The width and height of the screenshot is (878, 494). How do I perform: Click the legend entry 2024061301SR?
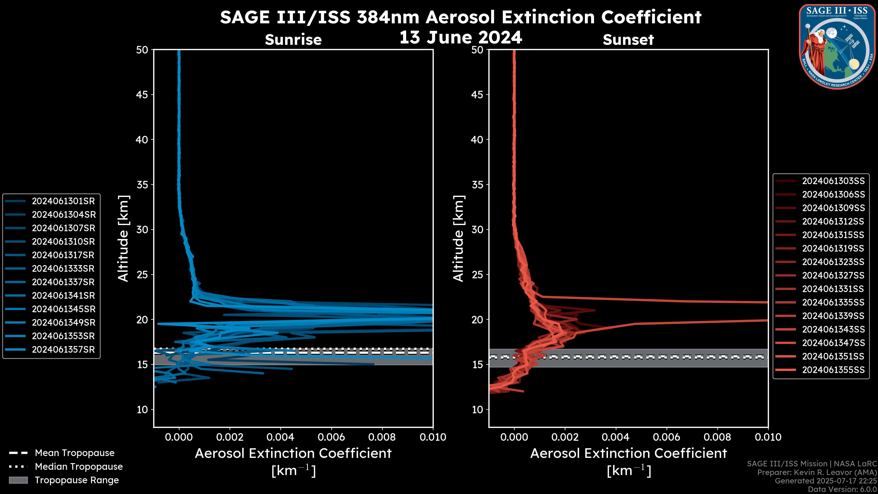pos(63,201)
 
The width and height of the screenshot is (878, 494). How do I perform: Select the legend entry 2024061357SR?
pos(63,349)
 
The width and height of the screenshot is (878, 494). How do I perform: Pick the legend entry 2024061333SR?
pos(63,269)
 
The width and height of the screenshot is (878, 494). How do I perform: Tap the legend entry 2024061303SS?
pos(833,181)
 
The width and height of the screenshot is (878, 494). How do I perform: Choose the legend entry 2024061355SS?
pos(833,370)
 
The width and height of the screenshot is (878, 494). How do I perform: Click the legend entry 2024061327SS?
pos(833,275)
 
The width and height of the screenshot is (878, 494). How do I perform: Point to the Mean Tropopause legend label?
pos(74,453)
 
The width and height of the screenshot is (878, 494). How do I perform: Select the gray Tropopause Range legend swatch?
pos(18,480)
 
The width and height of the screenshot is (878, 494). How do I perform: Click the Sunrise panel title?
pos(293,40)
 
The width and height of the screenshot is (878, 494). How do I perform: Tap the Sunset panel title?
pos(628,40)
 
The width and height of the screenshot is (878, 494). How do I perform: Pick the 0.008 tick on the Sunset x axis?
pos(717,437)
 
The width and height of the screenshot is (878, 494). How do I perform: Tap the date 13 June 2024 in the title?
pos(460,38)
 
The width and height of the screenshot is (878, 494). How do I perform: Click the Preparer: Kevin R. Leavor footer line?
pos(817,473)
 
